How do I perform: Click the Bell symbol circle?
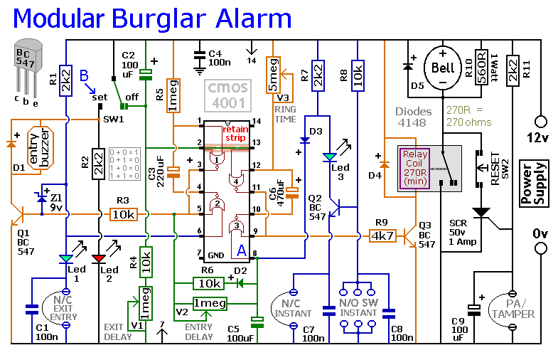[442, 68]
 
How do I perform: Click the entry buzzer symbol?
[41, 150]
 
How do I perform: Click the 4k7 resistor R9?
[382, 234]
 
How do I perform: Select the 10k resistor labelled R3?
[124, 213]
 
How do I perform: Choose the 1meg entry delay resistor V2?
[210, 304]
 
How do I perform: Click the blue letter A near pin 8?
[242, 250]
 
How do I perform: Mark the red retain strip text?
[235, 134]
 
